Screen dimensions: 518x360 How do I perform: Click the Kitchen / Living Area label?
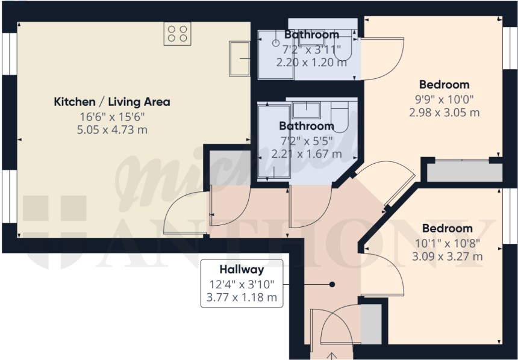(112, 102)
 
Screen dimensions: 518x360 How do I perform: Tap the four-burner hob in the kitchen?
(178, 34)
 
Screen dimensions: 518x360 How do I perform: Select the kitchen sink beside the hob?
(240, 59)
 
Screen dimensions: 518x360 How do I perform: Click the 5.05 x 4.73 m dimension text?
(112, 130)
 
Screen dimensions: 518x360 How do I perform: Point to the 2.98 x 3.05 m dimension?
(445, 113)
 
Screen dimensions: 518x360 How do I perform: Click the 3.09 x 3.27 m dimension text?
(448, 256)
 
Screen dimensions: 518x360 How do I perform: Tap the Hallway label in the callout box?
(242, 270)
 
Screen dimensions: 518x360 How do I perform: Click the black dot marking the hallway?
(332, 284)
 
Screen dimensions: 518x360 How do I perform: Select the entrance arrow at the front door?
(332, 356)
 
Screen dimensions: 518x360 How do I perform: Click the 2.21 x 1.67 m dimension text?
(307, 154)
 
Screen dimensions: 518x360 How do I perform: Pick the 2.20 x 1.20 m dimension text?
(311, 63)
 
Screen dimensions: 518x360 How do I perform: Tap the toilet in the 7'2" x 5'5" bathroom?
(340, 117)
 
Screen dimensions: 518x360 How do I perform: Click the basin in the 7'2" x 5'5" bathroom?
(306, 110)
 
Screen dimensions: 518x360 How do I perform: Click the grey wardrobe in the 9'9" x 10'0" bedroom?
(465, 172)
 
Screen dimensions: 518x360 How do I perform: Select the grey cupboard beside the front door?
(371, 324)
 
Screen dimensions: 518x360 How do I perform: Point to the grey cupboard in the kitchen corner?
(230, 168)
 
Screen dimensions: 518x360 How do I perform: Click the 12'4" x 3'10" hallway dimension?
(242, 284)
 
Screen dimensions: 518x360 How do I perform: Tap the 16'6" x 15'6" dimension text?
(112, 116)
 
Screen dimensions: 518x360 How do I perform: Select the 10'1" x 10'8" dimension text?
(448, 243)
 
